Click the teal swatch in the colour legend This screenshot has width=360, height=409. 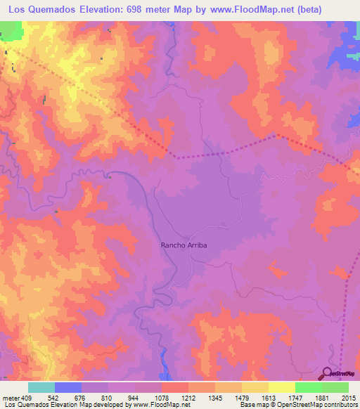click(x=41, y=387)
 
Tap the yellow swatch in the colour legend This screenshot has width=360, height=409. click(x=255, y=387)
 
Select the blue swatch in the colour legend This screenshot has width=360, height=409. click(x=68, y=387)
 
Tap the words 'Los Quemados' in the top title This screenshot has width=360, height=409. click(x=37, y=9)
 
